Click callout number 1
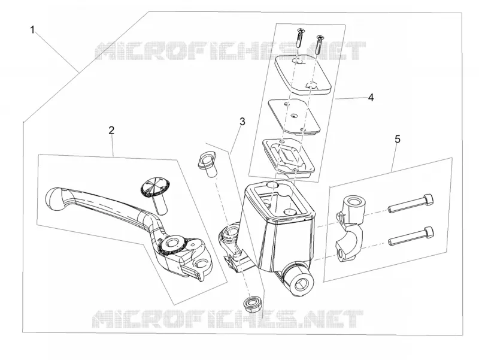point(32,30)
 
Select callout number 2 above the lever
point(111,130)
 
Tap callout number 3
point(242,122)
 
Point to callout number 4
point(371,98)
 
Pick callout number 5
point(397,139)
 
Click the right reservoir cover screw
point(320,44)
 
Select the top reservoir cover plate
point(303,74)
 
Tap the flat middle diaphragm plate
point(294,116)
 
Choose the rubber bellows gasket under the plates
point(288,157)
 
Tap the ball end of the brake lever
point(56,199)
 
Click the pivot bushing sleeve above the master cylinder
point(207,165)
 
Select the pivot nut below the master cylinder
point(251,304)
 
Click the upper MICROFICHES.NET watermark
point(231,51)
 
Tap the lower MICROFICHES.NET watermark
point(228,319)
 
